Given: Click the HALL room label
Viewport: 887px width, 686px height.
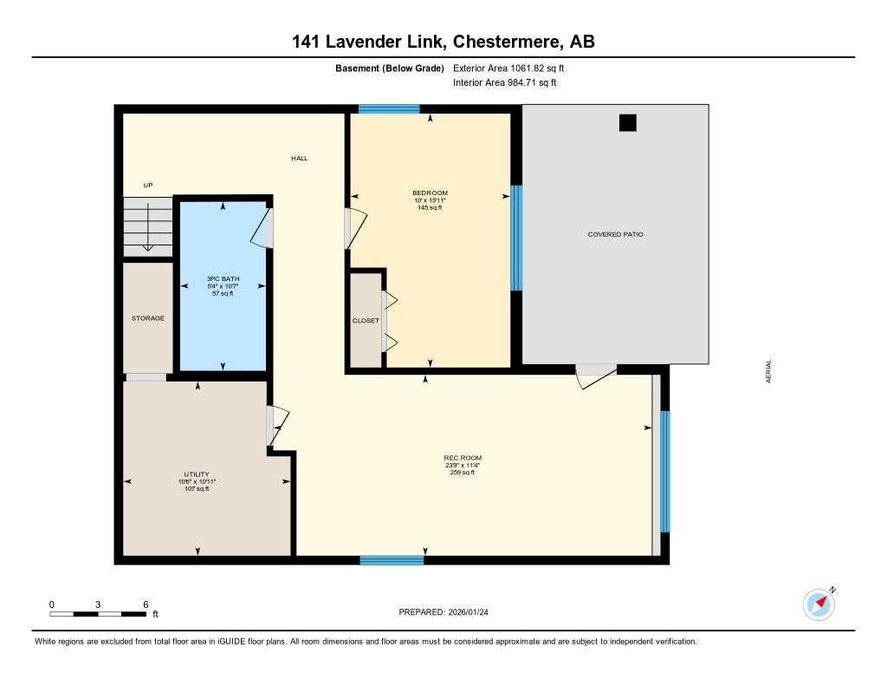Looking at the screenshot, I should pyautogui.click(x=299, y=158).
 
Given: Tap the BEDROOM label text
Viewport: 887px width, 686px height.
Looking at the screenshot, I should pyautogui.click(x=430, y=193).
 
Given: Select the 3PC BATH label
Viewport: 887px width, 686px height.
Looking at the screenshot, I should pyautogui.click(x=223, y=278).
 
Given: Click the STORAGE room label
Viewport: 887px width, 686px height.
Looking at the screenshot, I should pyautogui.click(x=148, y=318).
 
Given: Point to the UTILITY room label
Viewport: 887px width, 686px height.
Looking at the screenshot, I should pyautogui.click(x=197, y=474).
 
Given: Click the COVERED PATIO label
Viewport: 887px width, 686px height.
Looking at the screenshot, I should pyautogui.click(x=615, y=234).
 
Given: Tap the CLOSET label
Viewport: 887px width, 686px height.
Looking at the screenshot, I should pyautogui.click(x=366, y=321).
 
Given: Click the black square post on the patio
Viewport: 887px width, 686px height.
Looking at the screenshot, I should pyautogui.click(x=627, y=122).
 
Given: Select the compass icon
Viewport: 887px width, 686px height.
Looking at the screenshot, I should pyautogui.click(x=819, y=604).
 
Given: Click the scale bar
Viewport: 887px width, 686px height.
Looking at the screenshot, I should pyautogui.click(x=98, y=614).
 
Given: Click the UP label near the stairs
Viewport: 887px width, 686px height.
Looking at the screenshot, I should pyautogui.click(x=148, y=185).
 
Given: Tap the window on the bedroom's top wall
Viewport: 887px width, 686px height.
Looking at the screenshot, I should pyautogui.click(x=389, y=109).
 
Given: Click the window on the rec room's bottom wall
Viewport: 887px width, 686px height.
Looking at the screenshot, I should pyautogui.click(x=392, y=560).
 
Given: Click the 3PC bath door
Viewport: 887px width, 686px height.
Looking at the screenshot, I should pyautogui.click(x=263, y=226).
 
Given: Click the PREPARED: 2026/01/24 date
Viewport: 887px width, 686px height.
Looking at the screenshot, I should pyautogui.click(x=449, y=612).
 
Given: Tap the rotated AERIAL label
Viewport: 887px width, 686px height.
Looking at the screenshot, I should pyautogui.click(x=768, y=371).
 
